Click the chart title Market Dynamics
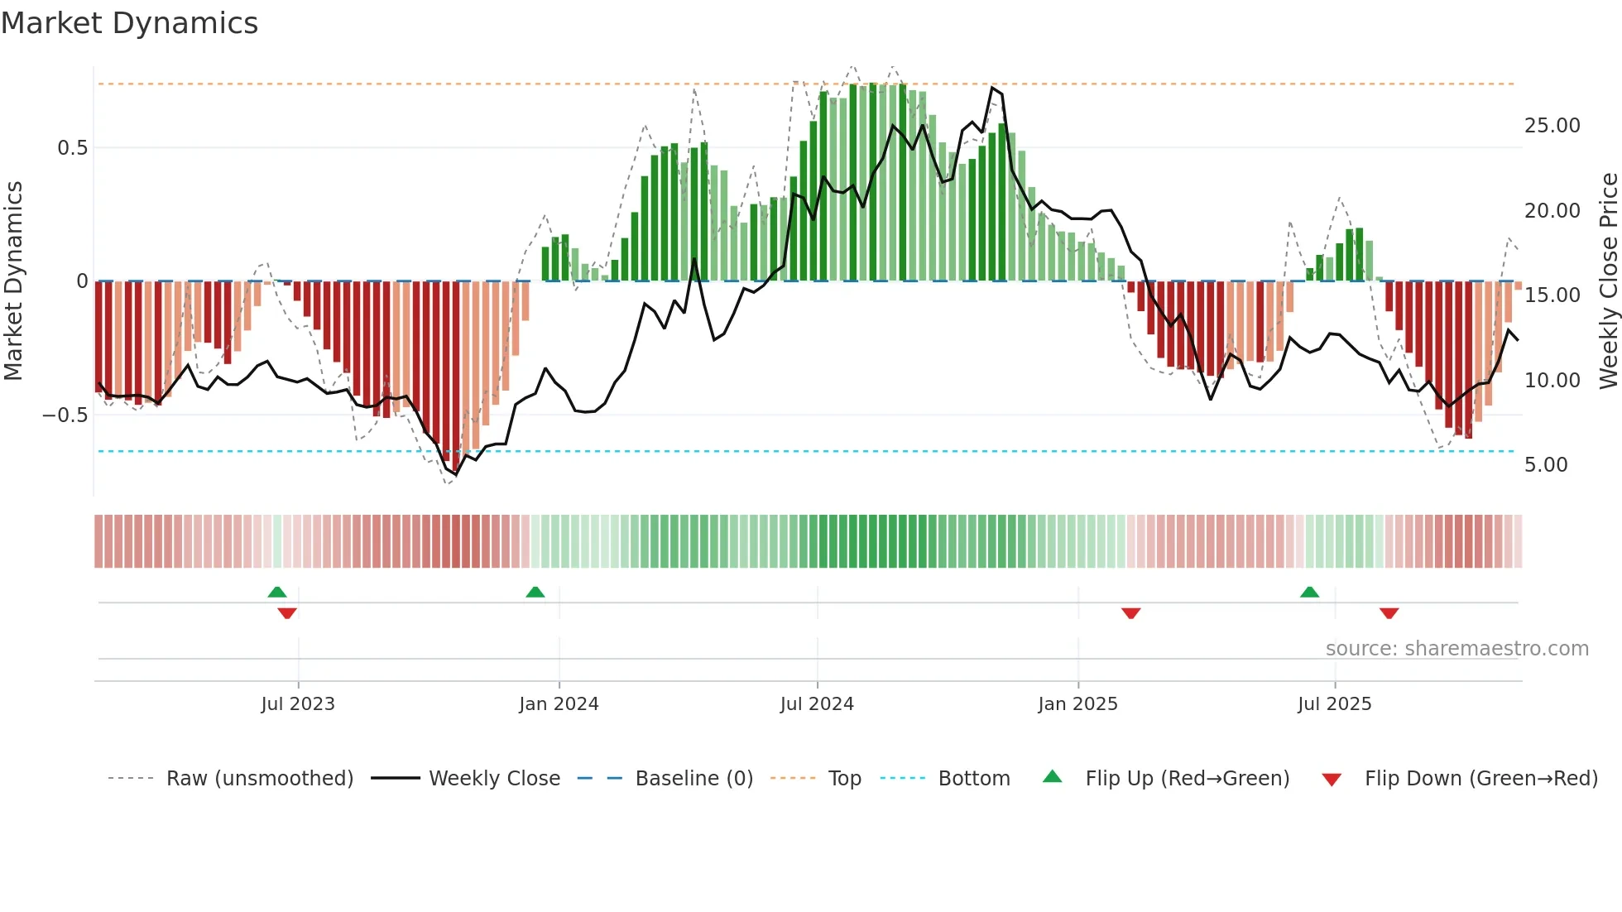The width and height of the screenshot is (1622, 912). (129, 23)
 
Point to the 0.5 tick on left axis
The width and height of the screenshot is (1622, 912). (72, 148)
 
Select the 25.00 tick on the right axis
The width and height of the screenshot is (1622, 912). (1552, 126)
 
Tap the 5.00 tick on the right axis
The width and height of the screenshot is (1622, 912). (1546, 465)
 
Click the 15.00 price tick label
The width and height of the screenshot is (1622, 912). (1552, 295)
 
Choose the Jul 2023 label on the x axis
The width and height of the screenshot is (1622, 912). (298, 704)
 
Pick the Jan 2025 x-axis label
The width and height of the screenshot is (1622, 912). (1077, 704)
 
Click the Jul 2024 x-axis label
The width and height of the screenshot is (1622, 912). (817, 704)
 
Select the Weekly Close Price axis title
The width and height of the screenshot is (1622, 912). (1608, 281)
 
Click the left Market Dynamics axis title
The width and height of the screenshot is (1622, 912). (13, 281)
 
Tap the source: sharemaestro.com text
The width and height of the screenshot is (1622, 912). (1456, 649)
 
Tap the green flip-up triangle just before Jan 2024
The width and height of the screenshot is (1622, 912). (535, 593)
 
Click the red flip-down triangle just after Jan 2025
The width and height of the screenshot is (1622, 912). (1131, 613)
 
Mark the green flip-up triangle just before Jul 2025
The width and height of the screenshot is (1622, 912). (1309, 593)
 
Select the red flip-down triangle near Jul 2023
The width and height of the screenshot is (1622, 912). (287, 613)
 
